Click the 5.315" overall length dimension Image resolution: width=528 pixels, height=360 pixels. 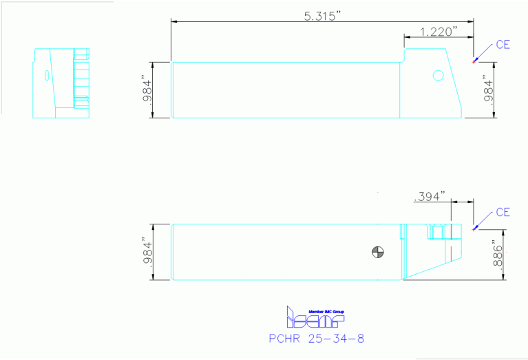[323, 16]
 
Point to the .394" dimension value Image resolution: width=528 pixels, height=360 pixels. [430, 197]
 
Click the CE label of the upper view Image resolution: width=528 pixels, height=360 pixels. [503, 45]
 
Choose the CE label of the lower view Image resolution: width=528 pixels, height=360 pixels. [503, 212]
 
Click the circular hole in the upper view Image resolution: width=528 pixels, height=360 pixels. [437, 76]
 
